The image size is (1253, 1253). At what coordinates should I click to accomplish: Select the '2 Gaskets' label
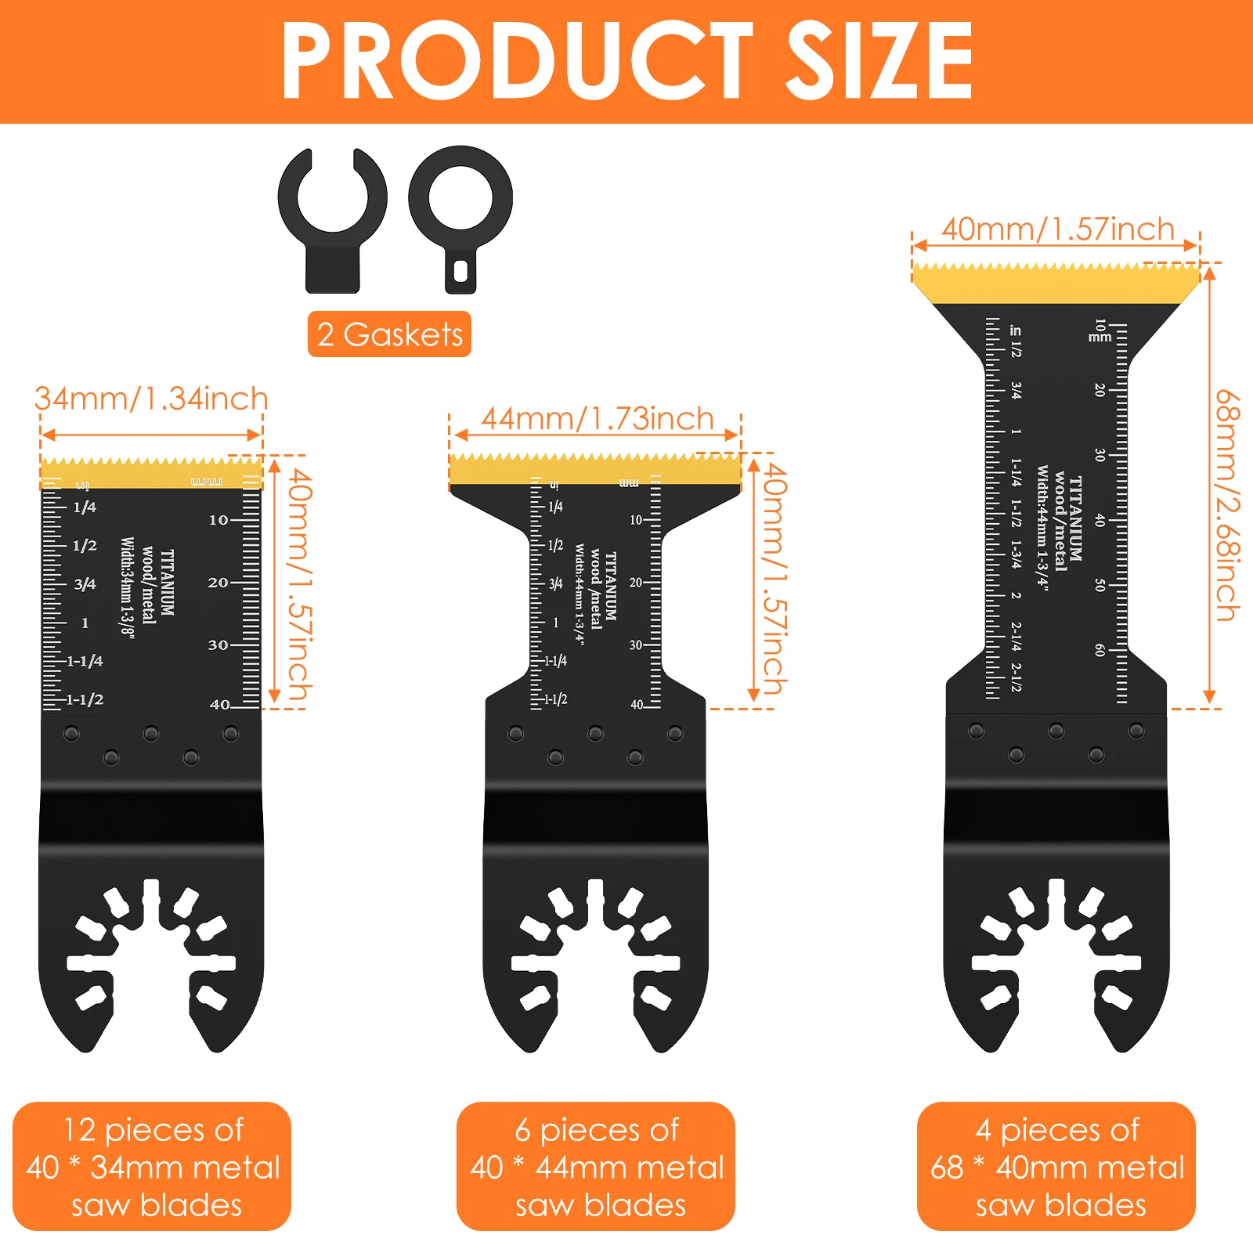[389, 334]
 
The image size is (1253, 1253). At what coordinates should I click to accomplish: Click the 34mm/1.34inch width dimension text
[151, 399]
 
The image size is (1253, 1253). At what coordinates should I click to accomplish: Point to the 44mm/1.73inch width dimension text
[597, 418]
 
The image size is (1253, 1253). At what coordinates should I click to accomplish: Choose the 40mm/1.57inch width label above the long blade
[1057, 229]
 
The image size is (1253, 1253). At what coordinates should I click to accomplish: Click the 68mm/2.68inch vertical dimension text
[1226, 505]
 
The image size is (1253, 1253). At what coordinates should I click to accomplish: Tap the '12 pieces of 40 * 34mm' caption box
[152, 1166]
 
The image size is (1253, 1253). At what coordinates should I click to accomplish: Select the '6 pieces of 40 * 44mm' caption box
[596, 1166]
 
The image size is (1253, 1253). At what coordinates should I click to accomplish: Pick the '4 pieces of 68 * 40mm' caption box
[1056, 1166]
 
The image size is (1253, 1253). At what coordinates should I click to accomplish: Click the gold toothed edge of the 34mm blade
[150, 471]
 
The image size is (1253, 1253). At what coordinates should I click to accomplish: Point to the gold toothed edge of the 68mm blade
[1056, 283]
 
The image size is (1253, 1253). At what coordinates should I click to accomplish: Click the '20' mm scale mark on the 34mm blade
[218, 583]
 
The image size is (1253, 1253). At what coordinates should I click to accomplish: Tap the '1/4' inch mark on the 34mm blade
[85, 507]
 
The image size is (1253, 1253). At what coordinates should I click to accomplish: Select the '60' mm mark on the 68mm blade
[1100, 650]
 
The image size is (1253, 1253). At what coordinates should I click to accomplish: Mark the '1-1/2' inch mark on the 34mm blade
[85, 699]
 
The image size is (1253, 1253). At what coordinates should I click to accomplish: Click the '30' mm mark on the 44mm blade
[636, 645]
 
